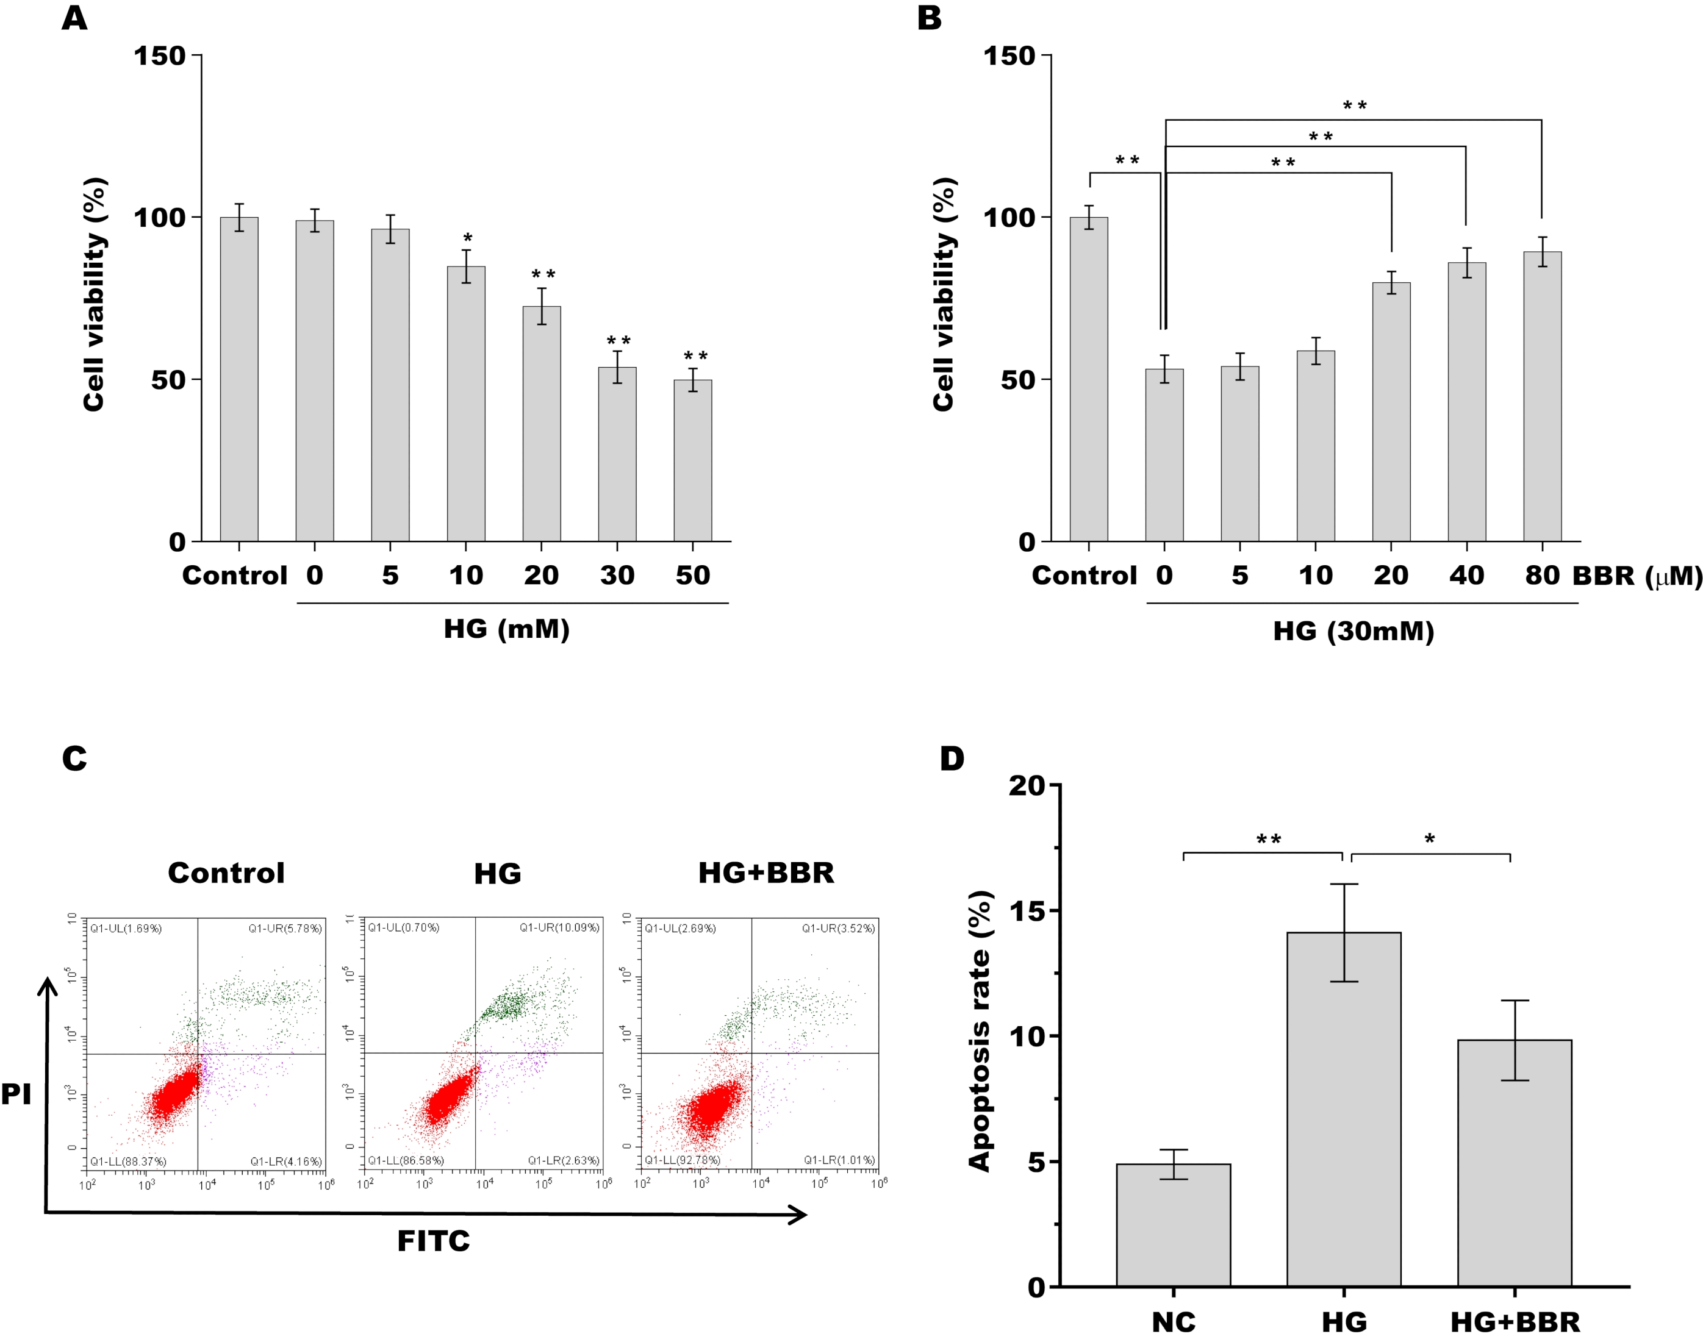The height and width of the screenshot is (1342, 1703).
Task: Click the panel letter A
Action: click(x=74, y=17)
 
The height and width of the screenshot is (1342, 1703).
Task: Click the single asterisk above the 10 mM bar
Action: click(x=468, y=238)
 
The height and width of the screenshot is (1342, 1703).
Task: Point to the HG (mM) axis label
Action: click(x=506, y=629)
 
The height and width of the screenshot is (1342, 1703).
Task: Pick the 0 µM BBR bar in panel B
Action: click(x=1164, y=455)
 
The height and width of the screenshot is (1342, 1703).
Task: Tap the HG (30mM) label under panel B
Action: click(x=1353, y=631)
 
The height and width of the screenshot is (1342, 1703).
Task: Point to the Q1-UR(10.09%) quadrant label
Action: click(x=559, y=928)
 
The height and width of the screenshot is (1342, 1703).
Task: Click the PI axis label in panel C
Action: click(x=16, y=1094)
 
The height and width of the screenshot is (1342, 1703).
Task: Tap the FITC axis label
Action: click(x=433, y=1241)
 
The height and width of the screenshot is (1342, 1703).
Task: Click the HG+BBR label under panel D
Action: click(x=1515, y=1322)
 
